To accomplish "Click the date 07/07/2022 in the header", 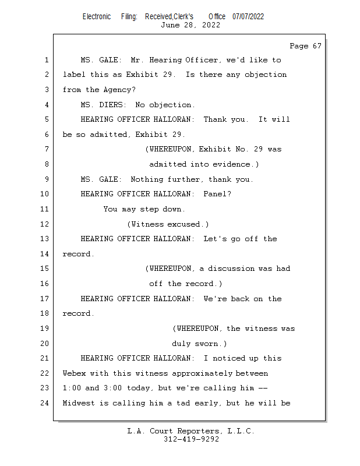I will [248, 16].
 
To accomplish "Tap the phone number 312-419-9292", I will [191, 439].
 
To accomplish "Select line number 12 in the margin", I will [45, 224].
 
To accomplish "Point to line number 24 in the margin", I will [45, 403].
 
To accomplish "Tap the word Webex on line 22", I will [74, 373].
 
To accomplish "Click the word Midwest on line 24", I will [79, 403].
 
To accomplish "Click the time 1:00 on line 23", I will [74, 388].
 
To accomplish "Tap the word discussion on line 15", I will [231, 269].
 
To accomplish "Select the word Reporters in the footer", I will [197, 431].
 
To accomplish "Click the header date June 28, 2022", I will [190, 25].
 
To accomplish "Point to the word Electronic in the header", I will [97, 16].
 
